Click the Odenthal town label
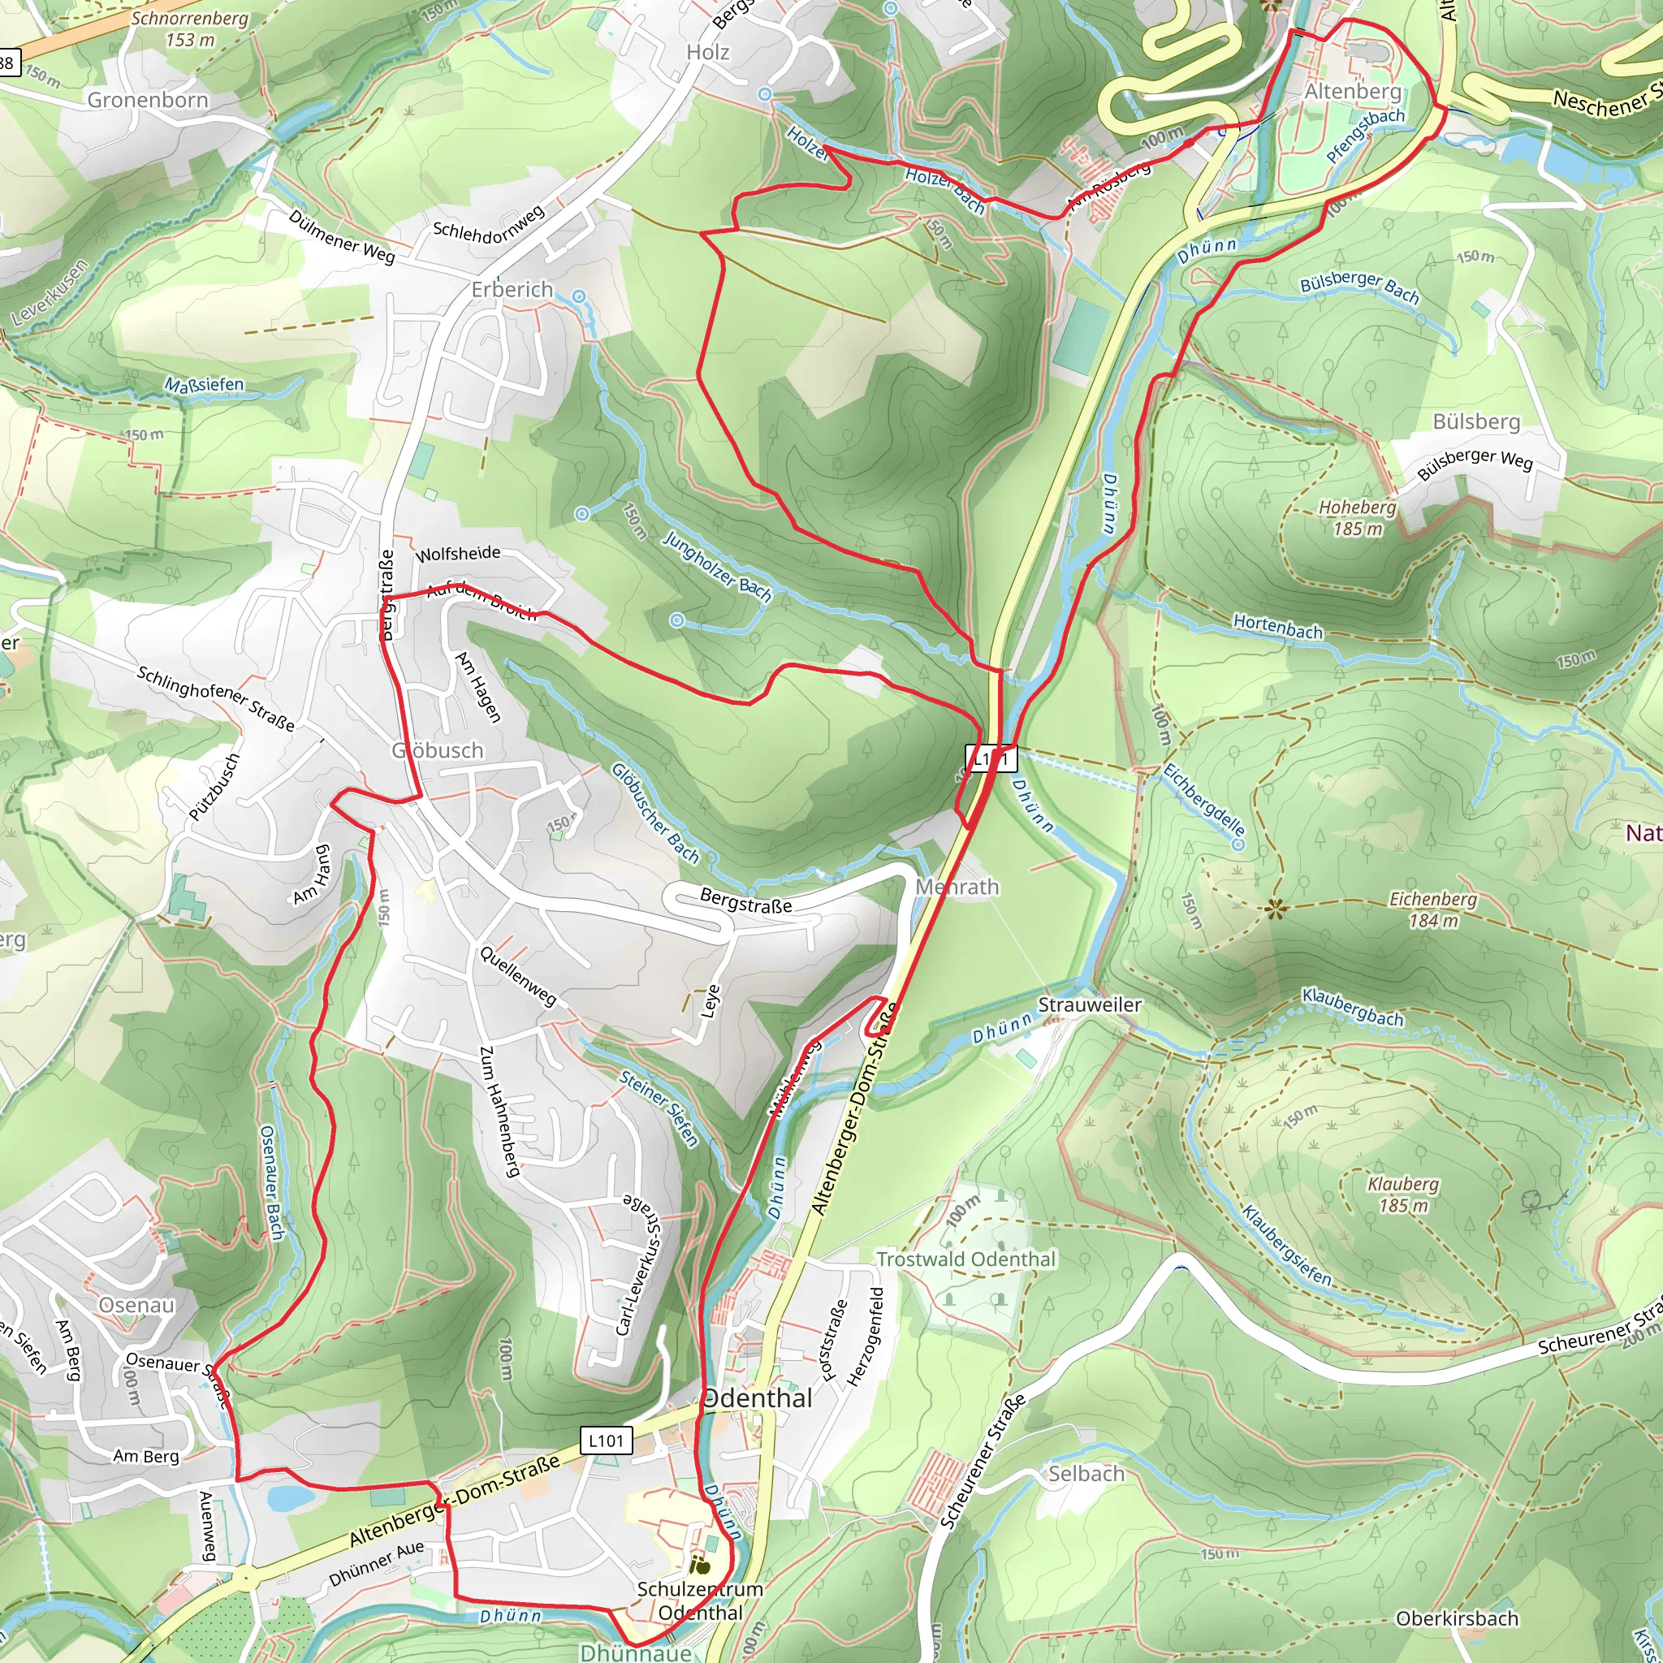pyautogui.click(x=758, y=1399)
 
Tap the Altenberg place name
pyautogui.click(x=1352, y=91)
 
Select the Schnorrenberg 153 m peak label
pyautogui.click(x=189, y=28)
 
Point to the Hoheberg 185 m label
pyautogui.click(x=1358, y=518)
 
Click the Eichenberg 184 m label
pyautogui.click(x=1432, y=909)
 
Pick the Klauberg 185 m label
pyautogui.click(x=1403, y=1194)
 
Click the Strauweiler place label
pyautogui.click(x=1089, y=1004)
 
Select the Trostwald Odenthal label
pyautogui.click(x=965, y=1259)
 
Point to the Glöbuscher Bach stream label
pyautogui.click(x=655, y=813)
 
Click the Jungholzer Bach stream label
pyautogui.click(x=717, y=565)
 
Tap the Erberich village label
pyautogui.click(x=512, y=289)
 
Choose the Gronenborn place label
pyautogui.click(x=148, y=100)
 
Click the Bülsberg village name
pyautogui.click(x=1476, y=421)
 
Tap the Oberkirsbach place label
pyautogui.click(x=1457, y=1618)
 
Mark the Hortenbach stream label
pyautogui.click(x=1277, y=627)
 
